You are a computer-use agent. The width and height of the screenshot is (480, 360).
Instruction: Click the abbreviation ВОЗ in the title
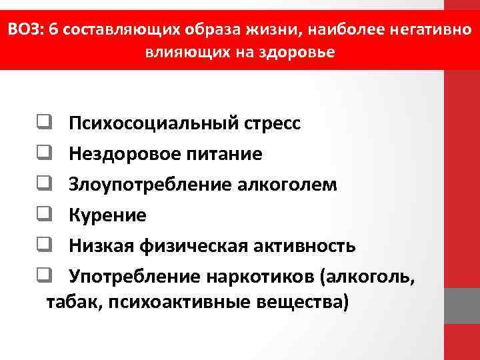click(24, 31)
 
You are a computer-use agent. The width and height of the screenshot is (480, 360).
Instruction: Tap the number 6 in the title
click(52, 31)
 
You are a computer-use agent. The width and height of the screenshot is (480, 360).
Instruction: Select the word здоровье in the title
click(303, 52)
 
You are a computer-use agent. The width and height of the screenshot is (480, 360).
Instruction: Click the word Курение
click(107, 215)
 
